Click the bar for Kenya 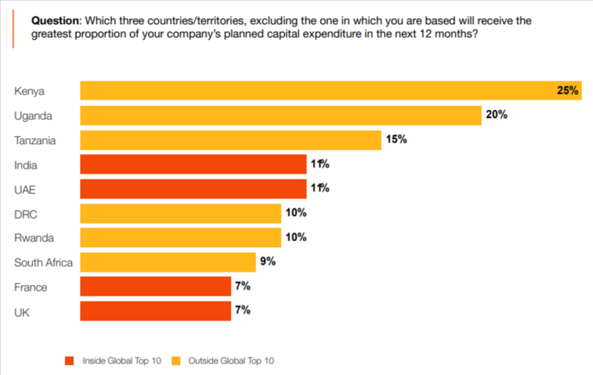330,91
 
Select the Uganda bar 280,116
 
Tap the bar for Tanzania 230,140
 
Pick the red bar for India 192,164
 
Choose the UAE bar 192,189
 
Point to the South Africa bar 167,262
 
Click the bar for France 155,287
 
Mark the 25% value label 567,91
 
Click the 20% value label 496,115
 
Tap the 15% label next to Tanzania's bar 396,140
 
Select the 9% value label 268,262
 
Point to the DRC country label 26,214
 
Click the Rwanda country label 34,238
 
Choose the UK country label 22,311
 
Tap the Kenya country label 30,91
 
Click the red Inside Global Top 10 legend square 70,360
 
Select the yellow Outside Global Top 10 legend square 176,360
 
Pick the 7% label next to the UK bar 242,310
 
